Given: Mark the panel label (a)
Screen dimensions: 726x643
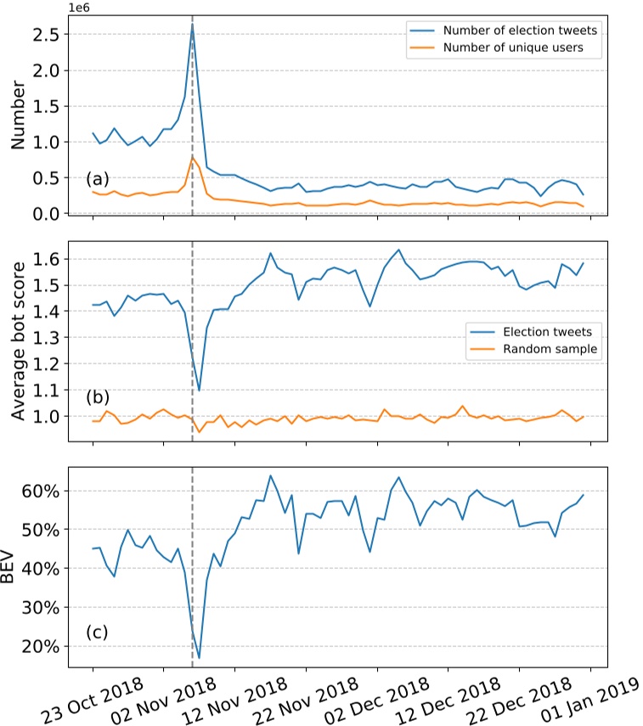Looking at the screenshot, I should coord(98,180).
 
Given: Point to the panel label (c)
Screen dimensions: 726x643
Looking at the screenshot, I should coord(98,633).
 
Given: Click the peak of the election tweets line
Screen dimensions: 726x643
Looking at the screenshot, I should coord(192,24).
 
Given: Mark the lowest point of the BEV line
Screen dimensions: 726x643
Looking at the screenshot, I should coord(199,657).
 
